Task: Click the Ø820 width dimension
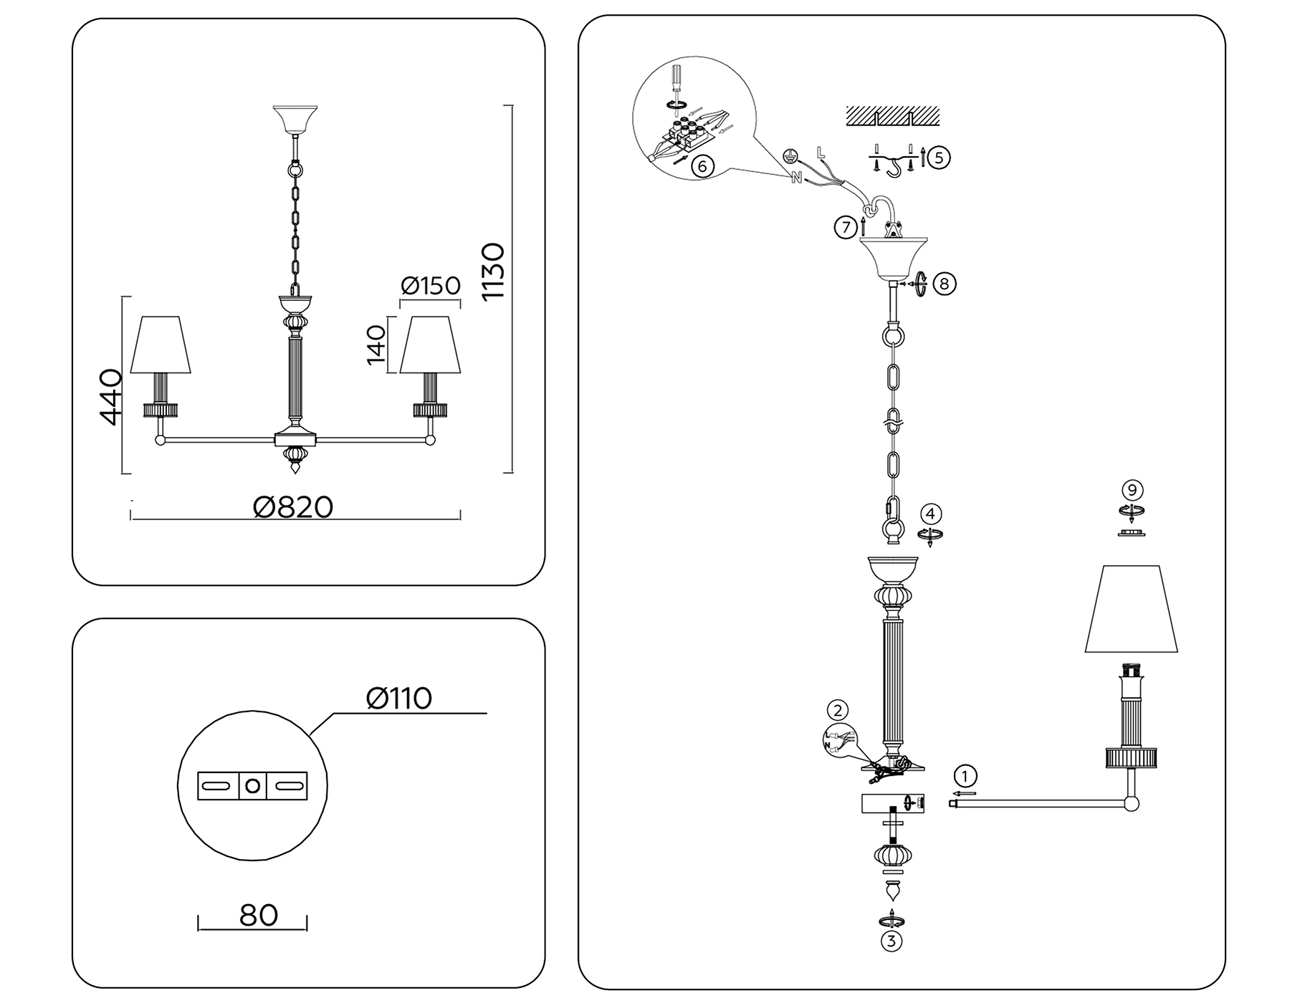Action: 293,507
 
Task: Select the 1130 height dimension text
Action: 494,272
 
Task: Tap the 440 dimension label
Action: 110,397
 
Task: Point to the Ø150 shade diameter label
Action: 431,286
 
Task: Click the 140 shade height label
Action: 376,345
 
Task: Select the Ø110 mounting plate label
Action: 398,698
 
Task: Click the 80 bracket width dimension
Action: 258,915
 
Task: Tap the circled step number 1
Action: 965,776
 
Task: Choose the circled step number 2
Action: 837,711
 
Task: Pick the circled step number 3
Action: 891,940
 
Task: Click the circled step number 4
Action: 930,514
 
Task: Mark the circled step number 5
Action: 940,157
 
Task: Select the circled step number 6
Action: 702,166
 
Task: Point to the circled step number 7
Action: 846,228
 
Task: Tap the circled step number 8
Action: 944,284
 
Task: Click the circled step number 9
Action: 1132,490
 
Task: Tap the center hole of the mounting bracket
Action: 252,786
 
